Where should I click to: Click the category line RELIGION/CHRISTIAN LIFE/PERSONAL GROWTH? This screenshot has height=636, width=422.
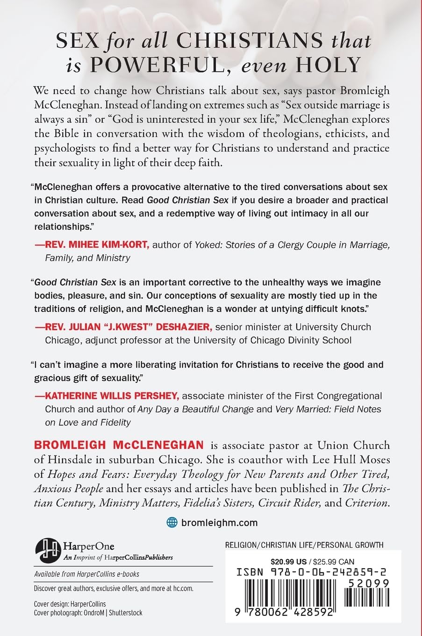tap(304, 545)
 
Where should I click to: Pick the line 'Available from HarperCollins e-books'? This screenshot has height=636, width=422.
tap(86, 574)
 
